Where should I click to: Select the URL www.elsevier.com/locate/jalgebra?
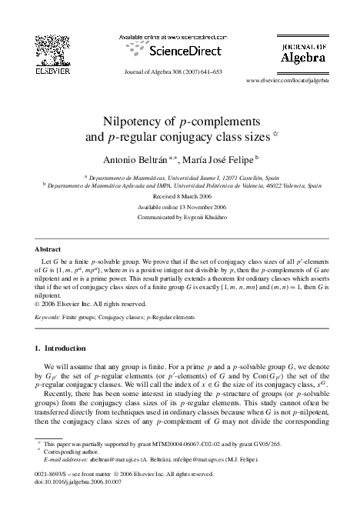[x=287, y=79]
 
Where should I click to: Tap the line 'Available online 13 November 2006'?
[x=180, y=207]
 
